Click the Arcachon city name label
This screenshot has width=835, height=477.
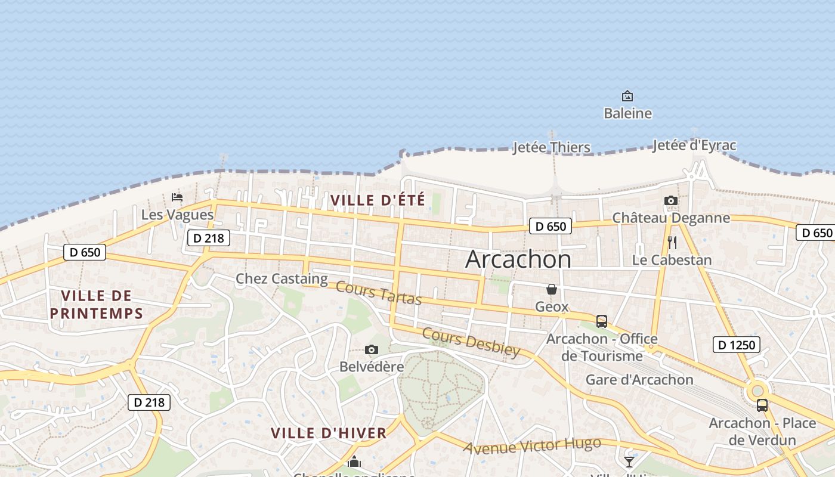coord(518,259)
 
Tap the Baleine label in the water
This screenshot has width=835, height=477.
coord(627,113)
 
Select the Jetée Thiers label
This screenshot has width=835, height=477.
coord(552,147)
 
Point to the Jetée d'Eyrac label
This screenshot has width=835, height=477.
coord(694,145)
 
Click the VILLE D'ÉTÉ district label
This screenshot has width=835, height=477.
coord(378,200)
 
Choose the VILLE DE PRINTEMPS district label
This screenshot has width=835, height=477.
coord(97,305)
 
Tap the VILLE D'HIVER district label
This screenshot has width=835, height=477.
coord(329,433)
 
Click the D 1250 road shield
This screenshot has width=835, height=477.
coord(737,345)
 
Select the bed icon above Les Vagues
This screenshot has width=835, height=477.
coord(177,197)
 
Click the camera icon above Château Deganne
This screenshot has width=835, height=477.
coord(671,201)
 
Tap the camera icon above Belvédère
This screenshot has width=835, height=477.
coord(372,350)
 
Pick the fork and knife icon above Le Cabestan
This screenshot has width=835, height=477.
coord(672,243)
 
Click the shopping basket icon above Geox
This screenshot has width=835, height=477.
coord(552,290)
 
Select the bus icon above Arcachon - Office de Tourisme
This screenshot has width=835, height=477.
coord(602,321)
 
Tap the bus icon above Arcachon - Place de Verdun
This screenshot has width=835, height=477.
coord(762,405)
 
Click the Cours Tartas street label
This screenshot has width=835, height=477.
coord(379,292)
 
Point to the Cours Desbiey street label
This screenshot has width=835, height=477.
coord(471,342)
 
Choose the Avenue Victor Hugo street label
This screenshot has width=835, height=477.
coord(532,445)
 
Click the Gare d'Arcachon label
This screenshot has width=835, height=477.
coord(639,380)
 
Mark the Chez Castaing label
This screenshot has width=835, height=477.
coord(282,278)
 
